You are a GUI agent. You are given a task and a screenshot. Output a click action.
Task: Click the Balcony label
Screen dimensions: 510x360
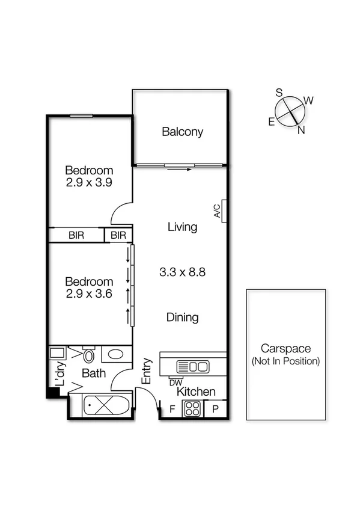pos(182,132)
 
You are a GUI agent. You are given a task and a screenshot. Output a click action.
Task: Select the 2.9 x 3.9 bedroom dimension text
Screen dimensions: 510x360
pos(90,182)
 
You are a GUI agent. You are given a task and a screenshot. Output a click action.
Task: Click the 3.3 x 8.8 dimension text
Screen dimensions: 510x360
pos(182,272)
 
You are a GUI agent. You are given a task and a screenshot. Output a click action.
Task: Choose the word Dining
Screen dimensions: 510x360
pos(182,318)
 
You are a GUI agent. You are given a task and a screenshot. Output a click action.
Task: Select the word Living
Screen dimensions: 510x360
pos(182,227)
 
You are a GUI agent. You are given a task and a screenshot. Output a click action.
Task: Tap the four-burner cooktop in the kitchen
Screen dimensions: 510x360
pos(192,409)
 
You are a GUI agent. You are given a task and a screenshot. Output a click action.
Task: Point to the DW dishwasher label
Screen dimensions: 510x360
pos(175,382)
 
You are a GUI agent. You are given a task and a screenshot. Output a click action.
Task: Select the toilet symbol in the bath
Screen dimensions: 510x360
pos(88,354)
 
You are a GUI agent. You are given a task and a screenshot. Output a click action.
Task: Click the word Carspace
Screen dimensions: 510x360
pos(285,348)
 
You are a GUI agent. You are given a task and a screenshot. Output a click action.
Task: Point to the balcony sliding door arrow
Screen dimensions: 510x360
pos(180,169)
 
